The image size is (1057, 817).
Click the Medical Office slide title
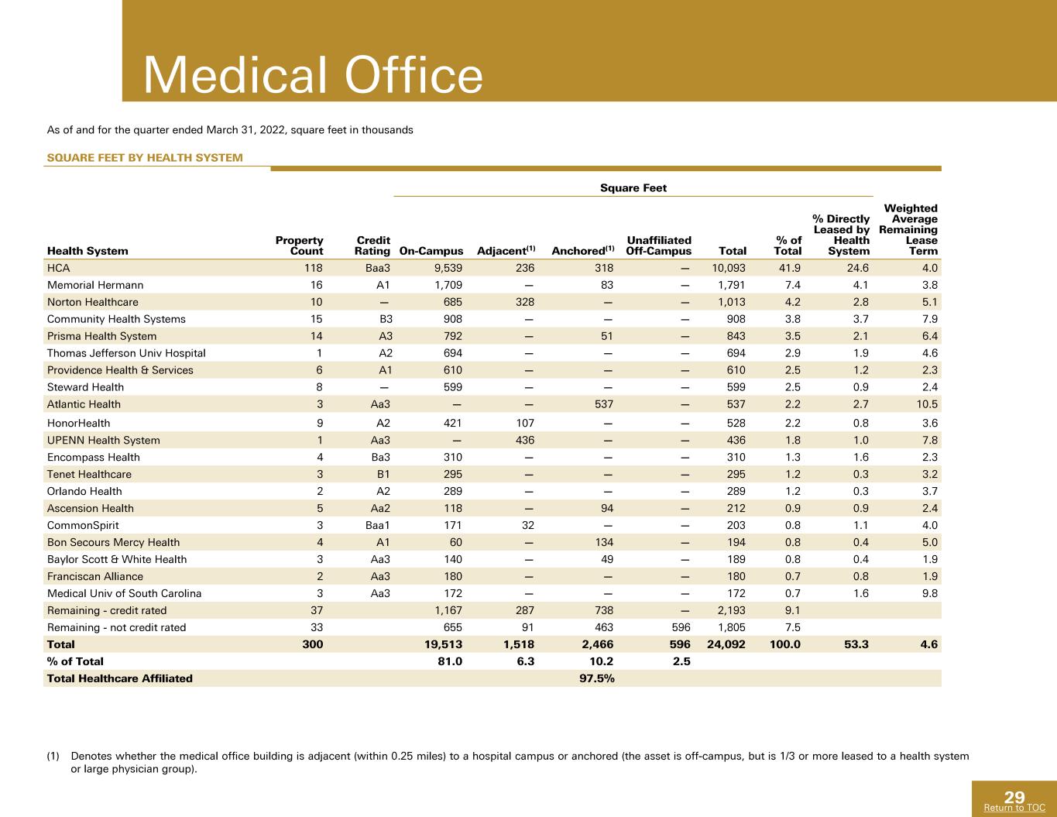[x=313, y=75]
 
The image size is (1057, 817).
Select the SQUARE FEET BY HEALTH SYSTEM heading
[x=145, y=157]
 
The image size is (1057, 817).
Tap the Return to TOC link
[x=1014, y=808]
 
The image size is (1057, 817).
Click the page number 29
[x=1014, y=797]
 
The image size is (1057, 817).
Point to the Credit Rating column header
[x=372, y=245]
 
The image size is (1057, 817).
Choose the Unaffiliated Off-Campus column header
[x=659, y=245]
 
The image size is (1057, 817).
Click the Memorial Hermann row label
[x=95, y=285]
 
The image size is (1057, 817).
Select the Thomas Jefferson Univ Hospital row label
[x=126, y=353]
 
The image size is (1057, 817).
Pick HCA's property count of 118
[x=314, y=268]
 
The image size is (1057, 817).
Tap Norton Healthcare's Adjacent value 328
[x=525, y=302]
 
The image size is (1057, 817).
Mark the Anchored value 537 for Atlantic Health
[x=604, y=404]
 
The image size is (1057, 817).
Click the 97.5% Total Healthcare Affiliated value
[x=597, y=678]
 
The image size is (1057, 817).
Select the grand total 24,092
[x=726, y=644]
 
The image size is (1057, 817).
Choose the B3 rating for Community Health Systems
[x=386, y=319]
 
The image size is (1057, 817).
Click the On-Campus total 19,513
[x=443, y=644]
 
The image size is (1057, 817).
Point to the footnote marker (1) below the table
[x=53, y=757]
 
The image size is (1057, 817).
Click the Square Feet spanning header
[x=633, y=187]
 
